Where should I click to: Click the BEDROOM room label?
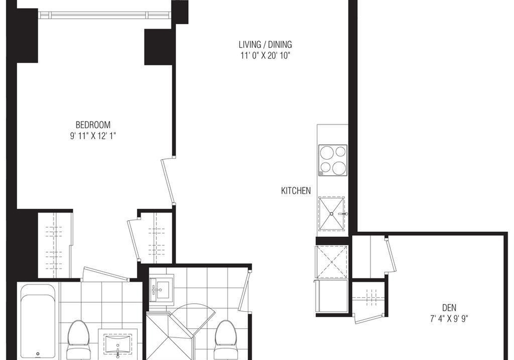coord(93,125)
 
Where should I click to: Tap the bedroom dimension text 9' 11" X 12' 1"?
coord(93,136)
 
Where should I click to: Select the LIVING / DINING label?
coord(265,44)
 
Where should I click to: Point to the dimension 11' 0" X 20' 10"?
coord(266,55)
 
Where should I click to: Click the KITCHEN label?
coord(296,191)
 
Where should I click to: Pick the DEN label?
coord(449,307)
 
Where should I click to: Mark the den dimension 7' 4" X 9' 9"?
coord(449,318)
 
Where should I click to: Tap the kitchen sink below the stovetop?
coord(332,213)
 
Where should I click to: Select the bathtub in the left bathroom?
coord(38,322)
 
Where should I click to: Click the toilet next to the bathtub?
coord(79,340)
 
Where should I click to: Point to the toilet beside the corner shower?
coord(225,340)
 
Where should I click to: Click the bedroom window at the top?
coord(104,16)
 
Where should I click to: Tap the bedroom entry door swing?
coord(168,181)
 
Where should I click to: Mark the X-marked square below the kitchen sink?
coord(332,262)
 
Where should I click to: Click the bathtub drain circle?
coord(38,354)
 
